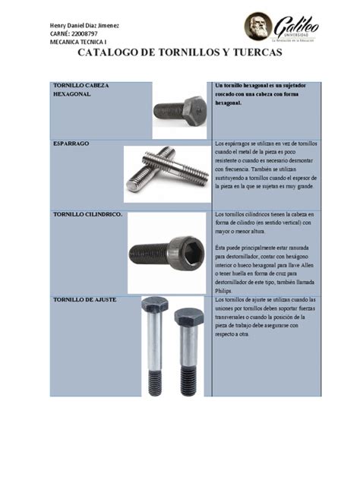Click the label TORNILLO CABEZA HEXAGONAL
click(x=80, y=91)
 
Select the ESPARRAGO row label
click(x=70, y=142)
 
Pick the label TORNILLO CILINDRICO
click(x=90, y=215)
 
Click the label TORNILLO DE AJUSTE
click(x=84, y=300)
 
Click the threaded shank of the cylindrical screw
click(x=149, y=254)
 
